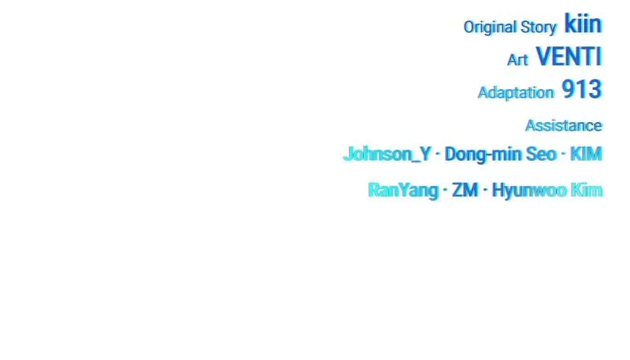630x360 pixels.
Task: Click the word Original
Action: [490, 28]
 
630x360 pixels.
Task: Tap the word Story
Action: [539, 28]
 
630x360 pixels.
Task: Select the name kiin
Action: [583, 24]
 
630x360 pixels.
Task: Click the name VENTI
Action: [569, 57]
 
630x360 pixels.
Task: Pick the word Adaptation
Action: [516, 93]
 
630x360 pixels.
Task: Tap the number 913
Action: [581, 89]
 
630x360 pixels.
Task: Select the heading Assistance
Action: [564, 126]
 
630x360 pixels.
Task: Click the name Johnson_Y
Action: [387, 154]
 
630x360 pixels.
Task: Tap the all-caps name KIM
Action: [586, 154]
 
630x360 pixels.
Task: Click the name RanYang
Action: [403, 190]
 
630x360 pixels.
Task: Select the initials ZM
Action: [465, 190]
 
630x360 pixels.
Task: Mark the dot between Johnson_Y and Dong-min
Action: [438, 154]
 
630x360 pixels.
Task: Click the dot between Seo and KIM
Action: [563, 154]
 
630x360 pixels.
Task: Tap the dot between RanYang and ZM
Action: [445, 190]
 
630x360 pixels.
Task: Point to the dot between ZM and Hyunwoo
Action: [485, 190]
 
